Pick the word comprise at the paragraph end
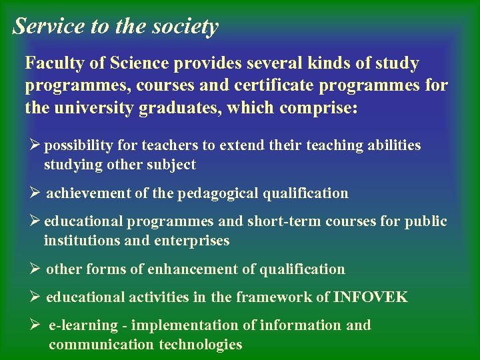[316, 107]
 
